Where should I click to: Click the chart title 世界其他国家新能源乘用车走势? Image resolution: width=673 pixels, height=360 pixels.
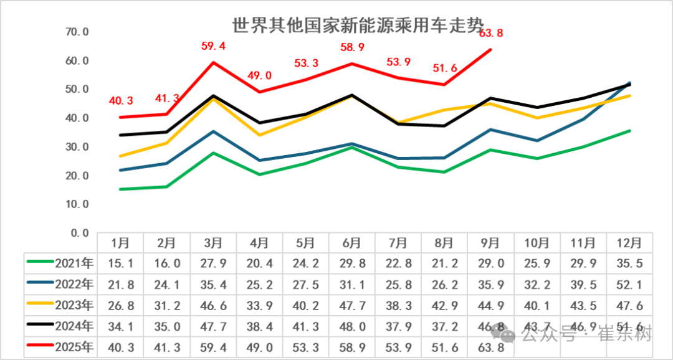pyautogui.click(x=358, y=26)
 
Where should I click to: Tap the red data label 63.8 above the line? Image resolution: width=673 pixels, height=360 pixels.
pyautogui.click(x=490, y=33)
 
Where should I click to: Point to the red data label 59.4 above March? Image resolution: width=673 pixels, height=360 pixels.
pyautogui.click(x=213, y=45)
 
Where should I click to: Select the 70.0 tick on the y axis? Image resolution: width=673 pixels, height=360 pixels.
pyautogui.click(x=77, y=32)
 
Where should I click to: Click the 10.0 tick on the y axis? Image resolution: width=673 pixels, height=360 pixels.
pyautogui.click(x=77, y=204)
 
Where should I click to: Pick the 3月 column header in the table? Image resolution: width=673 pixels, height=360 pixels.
pyautogui.click(x=213, y=242)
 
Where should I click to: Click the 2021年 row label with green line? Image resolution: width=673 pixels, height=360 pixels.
pyautogui.click(x=60, y=263)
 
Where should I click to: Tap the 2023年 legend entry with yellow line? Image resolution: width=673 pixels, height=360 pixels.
pyautogui.click(x=60, y=305)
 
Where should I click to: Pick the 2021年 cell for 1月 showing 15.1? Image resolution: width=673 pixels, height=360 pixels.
pyautogui.click(x=120, y=263)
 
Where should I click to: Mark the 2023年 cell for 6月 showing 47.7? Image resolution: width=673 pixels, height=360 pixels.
pyautogui.click(x=352, y=305)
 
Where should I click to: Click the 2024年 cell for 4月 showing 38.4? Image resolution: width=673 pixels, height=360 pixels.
pyautogui.click(x=259, y=326)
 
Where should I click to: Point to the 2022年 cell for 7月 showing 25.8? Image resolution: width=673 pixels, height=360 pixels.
pyautogui.click(x=398, y=284)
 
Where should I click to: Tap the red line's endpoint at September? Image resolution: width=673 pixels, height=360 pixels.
pyautogui.click(x=491, y=49)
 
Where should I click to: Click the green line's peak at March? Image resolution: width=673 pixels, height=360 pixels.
pyautogui.click(x=213, y=153)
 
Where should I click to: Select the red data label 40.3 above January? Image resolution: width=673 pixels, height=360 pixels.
pyautogui.click(x=120, y=101)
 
